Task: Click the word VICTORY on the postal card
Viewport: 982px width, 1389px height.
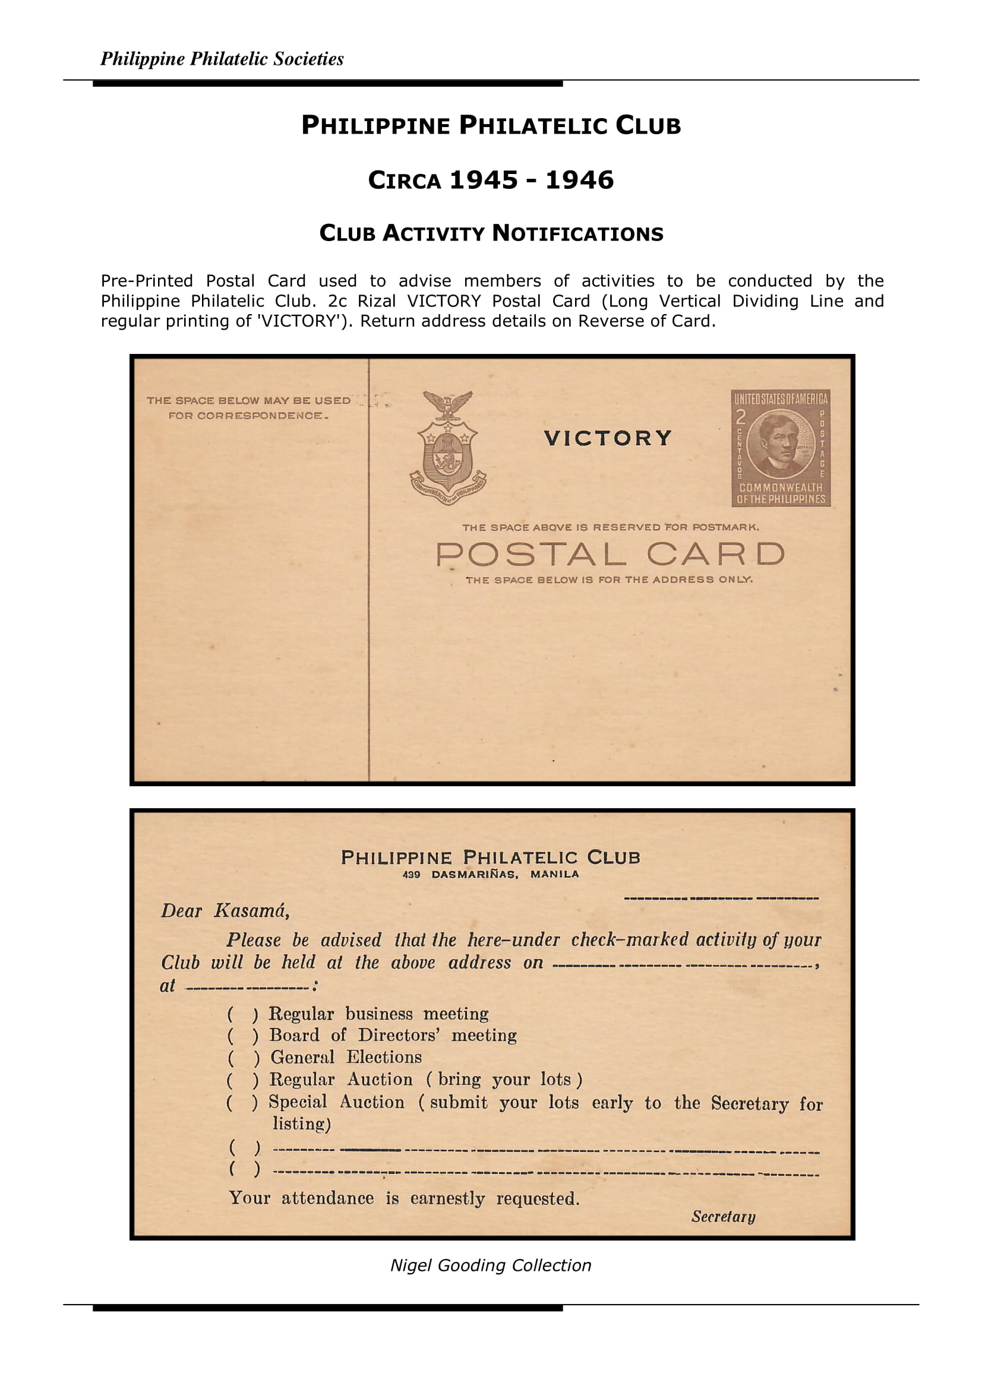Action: [608, 438]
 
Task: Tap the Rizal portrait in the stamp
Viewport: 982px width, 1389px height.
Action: [780, 445]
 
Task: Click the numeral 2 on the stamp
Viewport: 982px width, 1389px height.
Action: [741, 417]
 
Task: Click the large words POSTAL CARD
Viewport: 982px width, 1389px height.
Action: [610, 554]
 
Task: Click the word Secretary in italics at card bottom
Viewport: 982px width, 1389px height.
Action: [723, 1217]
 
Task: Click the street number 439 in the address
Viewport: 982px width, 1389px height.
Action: [412, 875]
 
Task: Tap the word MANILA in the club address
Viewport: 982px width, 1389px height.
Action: [554, 874]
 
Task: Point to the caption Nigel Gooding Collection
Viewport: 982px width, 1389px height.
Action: [491, 1265]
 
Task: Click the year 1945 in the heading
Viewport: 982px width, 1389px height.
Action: [484, 181]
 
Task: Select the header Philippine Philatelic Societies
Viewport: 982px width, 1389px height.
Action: [222, 59]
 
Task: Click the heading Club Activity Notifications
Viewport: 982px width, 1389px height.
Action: [491, 233]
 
